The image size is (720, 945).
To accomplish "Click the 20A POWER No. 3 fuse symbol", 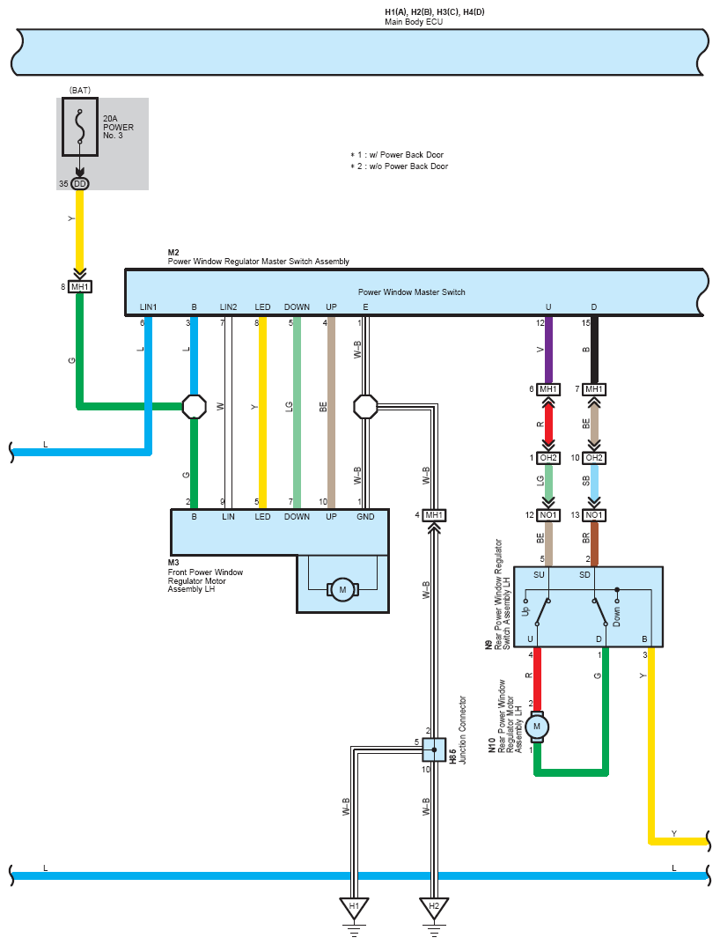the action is pos(79,128).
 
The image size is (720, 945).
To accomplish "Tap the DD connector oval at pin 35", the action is pos(80,184).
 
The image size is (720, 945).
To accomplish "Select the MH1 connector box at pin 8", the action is pos(79,287).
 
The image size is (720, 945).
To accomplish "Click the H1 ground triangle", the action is pos(354,908).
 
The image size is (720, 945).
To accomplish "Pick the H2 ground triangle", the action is pos(434,908).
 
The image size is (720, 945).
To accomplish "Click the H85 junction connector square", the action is pos(434,749).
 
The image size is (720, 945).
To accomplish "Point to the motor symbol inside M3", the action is pos(342,589).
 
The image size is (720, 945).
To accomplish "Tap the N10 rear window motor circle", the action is pos(537,727).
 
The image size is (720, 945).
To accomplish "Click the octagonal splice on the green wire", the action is pos(194,407).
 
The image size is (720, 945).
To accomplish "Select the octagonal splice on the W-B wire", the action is pos(365,407).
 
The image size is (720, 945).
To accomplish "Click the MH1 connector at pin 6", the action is pos(548,389).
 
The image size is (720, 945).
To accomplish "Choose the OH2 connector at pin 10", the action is pos(594,458).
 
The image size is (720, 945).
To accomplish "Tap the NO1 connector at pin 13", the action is pos(594,515).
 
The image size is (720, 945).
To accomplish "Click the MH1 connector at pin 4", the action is pos(434,515).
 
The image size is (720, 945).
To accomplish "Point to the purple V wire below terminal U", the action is pos(548,351).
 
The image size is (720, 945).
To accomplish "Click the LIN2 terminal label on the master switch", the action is pos(228,307).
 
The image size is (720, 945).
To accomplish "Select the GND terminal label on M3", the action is pos(365,517).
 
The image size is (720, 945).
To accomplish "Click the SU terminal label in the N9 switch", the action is pos(539,575).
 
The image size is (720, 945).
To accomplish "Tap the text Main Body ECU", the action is pos(414,22).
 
